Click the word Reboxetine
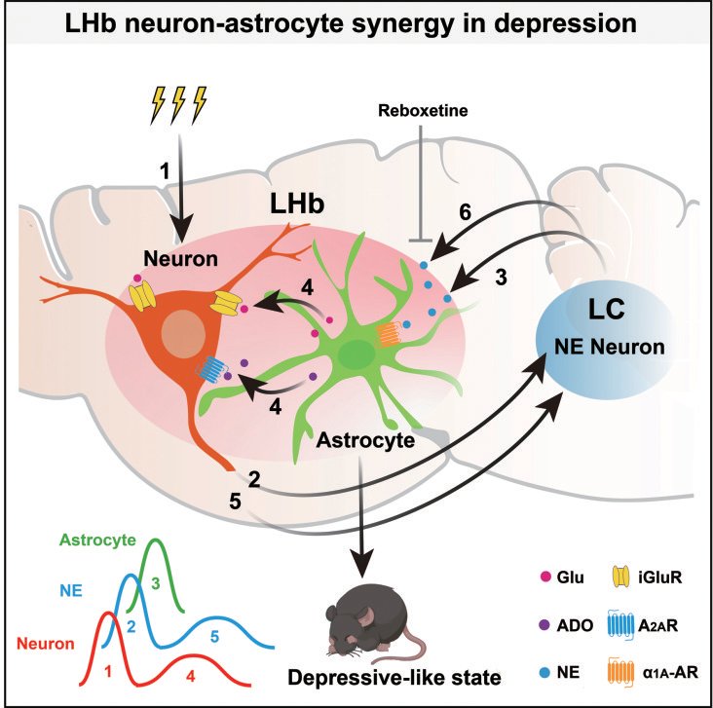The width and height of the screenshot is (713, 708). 423,110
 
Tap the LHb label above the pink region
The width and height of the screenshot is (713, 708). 297,204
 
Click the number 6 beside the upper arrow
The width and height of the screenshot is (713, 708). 466,212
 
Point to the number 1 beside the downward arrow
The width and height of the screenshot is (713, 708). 165,171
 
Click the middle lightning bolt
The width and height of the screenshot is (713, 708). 178,105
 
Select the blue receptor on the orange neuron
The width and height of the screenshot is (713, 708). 212,368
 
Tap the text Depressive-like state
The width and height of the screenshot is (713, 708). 394,678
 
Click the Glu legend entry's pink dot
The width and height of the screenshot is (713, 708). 545,578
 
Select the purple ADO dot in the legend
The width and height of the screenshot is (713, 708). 544,625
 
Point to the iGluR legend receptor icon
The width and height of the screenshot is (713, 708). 620,577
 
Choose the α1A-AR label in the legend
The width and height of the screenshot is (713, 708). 670,673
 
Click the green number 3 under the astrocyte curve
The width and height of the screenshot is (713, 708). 156,583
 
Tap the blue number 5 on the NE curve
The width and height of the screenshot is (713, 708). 214,636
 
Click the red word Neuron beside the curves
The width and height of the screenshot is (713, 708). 46,644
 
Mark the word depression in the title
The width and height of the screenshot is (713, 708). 565,23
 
